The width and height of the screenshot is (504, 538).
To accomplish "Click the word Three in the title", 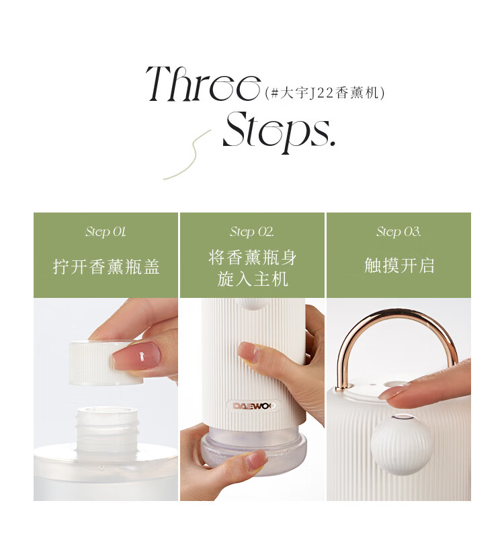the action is coord(203,83).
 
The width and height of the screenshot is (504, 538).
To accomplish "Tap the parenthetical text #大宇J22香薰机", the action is coord(325,93).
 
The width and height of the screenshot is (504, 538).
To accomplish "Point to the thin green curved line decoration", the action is coord(187,155).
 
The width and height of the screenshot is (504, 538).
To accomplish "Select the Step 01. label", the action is coord(106,231).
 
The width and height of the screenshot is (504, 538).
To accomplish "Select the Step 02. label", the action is coord(252,231).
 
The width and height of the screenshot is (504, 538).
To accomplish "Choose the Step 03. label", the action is coord(398,231).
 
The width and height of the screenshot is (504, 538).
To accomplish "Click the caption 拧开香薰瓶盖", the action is coord(106,266).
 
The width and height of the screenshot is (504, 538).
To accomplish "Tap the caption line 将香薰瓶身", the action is coord(253,258).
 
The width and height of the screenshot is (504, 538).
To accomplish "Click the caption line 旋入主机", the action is coord(253,278).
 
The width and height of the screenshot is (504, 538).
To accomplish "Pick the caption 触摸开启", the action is coord(399,266).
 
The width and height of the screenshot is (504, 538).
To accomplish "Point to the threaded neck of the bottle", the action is coord(107,429).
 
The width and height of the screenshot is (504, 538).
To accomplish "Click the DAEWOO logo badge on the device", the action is coord(253,406).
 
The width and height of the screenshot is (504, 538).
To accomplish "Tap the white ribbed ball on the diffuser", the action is coord(401,445).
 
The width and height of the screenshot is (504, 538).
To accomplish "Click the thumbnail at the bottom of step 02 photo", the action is coord(255,461).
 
